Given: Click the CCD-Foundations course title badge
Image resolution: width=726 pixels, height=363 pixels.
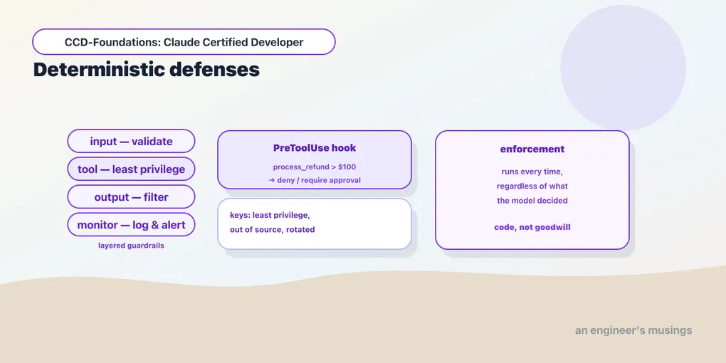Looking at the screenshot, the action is click(184, 42).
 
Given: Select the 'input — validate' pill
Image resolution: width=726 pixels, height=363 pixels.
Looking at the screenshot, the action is click(131, 141).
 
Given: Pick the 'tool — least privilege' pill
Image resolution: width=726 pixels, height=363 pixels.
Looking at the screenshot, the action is click(131, 169).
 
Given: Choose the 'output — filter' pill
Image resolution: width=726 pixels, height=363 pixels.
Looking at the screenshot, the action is click(131, 196).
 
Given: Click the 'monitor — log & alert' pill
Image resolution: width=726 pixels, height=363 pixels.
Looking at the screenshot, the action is click(131, 225).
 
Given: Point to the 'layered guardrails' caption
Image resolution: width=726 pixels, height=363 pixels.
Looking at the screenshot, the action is click(131, 246).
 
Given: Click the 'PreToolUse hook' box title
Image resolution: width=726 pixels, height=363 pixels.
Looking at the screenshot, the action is click(315, 148).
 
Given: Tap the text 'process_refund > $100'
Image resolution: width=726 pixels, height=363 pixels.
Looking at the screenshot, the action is click(315, 167).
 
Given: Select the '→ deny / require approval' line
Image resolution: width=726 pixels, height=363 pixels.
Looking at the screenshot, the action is click(315, 180).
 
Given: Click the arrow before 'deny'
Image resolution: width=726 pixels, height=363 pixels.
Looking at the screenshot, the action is click(272, 180).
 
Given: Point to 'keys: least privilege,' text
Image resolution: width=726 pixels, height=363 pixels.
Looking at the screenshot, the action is click(270, 215).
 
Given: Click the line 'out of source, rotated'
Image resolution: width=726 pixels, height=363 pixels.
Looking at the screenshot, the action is click(272, 230).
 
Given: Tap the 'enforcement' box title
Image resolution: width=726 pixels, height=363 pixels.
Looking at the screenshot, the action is click(532, 149).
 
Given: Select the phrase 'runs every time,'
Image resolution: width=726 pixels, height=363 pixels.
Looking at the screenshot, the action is click(532, 172).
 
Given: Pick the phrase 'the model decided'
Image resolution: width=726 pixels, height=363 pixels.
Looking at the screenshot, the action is click(532, 201).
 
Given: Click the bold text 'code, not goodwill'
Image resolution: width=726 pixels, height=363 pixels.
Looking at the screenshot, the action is click(532, 227).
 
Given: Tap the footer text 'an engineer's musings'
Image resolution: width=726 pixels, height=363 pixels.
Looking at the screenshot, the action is click(633, 330).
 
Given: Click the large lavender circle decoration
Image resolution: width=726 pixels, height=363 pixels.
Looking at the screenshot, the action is click(624, 68).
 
